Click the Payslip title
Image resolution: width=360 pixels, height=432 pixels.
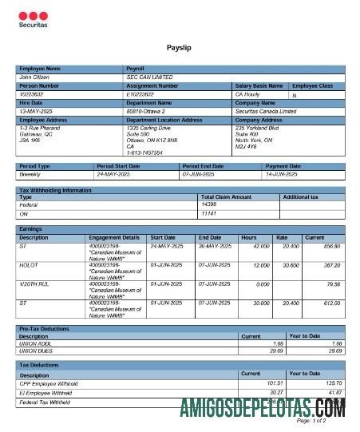pyautogui.click(x=179, y=49)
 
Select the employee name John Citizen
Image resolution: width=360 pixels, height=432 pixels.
pyautogui.click(x=34, y=77)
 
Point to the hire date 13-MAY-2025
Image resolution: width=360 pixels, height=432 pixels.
pyautogui.click(x=35, y=111)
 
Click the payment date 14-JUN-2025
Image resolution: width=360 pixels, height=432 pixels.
pyautogui.click(x=281, y=173)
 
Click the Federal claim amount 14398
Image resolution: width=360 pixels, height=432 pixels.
pyautogui.click(x=209, y=204)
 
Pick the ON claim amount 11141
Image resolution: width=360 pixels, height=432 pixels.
pyautogui.click(x=209, y=213)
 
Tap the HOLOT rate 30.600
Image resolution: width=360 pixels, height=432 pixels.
pyautogui.click(x=285, y=264)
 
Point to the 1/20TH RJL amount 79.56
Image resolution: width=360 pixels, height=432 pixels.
pyautogui.click(x=333, y=283)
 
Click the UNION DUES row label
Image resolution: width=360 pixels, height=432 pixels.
pyautogui.click(x=35, y=350)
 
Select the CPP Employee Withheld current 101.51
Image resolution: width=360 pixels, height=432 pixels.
pyautogui.click(x=251, y=382)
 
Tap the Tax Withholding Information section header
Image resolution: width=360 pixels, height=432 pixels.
pyautogui.click(x=55, y=189)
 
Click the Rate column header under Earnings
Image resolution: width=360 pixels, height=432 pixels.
pyautogui.click(x=282, y=237)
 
